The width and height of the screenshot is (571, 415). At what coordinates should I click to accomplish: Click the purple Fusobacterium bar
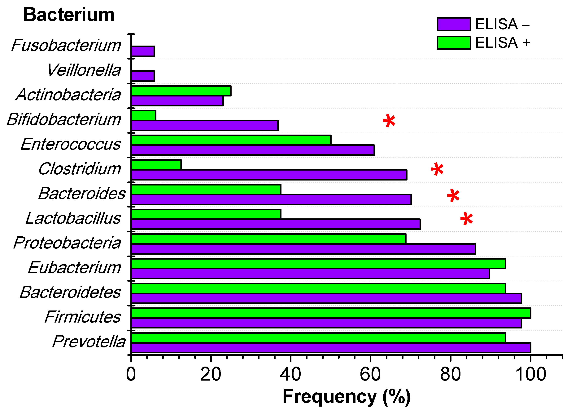143,51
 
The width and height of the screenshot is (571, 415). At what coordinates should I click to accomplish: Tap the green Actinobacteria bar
181,91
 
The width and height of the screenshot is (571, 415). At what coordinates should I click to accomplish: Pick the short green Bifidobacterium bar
143,115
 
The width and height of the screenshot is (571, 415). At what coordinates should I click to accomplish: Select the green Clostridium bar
156,165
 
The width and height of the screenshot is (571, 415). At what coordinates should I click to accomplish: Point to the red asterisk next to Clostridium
437,169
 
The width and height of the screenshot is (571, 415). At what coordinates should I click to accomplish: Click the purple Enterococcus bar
253,150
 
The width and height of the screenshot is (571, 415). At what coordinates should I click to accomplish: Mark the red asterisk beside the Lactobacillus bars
467,219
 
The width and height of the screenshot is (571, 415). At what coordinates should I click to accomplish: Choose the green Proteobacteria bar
268,239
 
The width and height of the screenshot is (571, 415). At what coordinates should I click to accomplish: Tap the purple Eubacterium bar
310,274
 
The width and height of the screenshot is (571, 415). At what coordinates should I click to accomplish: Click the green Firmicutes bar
331,313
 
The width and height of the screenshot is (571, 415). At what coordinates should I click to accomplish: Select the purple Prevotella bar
331,348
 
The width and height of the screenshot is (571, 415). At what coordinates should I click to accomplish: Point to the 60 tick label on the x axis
370,374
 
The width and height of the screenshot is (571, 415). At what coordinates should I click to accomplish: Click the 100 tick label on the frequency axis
530,374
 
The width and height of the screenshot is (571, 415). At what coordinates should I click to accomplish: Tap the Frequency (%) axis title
347,397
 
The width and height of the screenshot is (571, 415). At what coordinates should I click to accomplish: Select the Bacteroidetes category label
71,292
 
